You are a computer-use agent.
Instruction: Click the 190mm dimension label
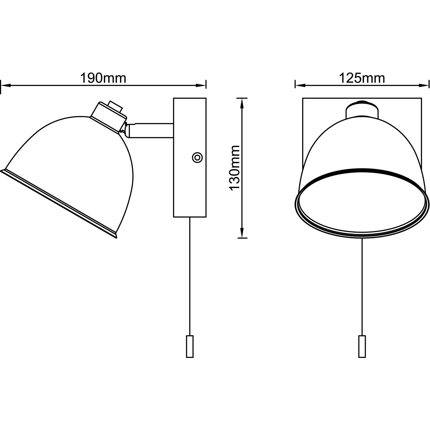[x=103, y=78]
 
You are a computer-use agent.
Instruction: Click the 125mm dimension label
[x=362, y=78]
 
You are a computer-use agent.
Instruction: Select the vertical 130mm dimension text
[x=234, y=168]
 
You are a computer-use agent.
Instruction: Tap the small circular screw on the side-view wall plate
[x=197, y=157]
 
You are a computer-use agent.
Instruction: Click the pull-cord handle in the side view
[x=189, y=346]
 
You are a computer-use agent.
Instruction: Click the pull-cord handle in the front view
[x=362, y=346]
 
